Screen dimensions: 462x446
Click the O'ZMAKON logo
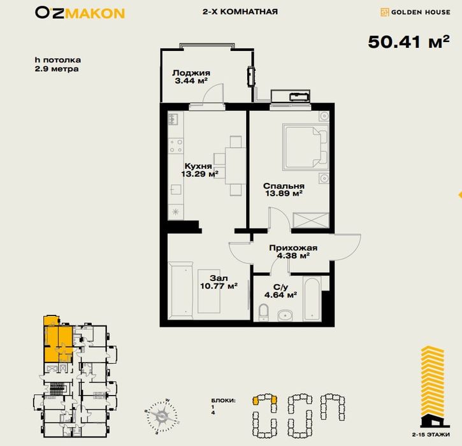80,13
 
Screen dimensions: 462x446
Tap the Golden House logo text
421,12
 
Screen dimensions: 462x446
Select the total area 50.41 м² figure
408,41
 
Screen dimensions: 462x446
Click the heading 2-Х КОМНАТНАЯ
240,11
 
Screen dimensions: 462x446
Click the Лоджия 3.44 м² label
191,76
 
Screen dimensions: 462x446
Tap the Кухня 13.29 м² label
199,170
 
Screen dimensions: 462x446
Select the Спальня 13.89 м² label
284,189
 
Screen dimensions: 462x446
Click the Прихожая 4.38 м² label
293,252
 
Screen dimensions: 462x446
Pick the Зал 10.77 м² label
219,282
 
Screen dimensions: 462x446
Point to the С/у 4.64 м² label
280,291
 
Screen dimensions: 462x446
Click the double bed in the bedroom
305,147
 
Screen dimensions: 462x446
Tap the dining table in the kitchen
235,166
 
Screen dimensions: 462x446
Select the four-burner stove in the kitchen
176,146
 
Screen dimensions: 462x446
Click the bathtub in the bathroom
312,299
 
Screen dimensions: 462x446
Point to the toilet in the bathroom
263,312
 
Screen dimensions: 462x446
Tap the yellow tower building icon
433,387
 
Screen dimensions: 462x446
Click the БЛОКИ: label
223,401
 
